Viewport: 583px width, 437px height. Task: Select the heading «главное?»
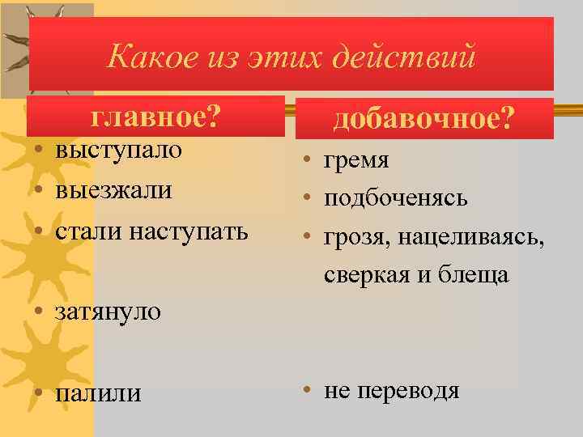point(156,117)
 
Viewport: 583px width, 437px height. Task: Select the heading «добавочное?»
point(423,120)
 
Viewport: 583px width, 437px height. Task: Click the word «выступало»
point(118,151)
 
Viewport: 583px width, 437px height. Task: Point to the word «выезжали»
point(113,191)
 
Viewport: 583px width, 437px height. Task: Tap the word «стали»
point(85,231)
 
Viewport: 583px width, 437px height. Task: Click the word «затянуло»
point(108,312)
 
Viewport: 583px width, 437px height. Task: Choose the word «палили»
point(97,393)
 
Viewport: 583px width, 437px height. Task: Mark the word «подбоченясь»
point(396,198)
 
